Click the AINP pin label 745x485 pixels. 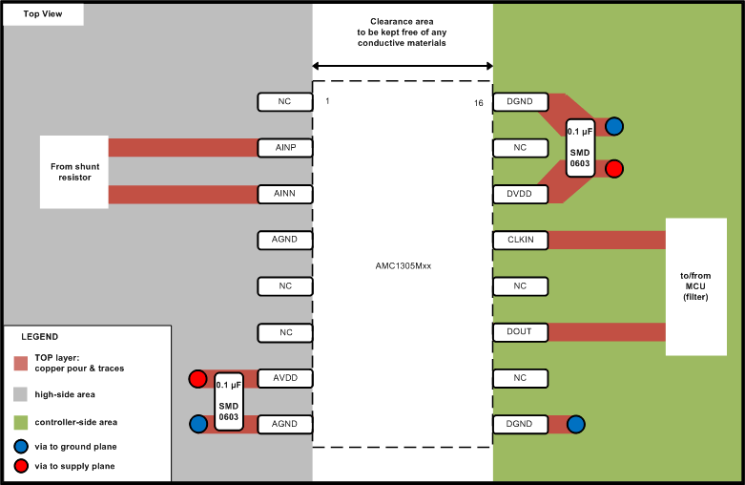pyautogui.click(x=285, y=148)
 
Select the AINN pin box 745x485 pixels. pyautogui.click(x=285, y=194)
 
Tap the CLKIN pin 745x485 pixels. pyautogui.click(x=520, y=240)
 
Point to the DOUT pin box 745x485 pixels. pyautogui.click(x=520, y=331)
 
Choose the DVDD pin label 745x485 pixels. pyautogui.click(x=520, y=194)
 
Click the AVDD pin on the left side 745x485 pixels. pyautogui.click(x=285, y=377)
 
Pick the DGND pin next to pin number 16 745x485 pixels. pyautogui.click(x=520, y=102)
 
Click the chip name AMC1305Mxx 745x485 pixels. pyautogui.click(x=402, y=265)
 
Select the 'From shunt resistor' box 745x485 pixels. pyautogui.click(x=74, y=172)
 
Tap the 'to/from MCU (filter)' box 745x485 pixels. pyautogui.click(x=695, y=285)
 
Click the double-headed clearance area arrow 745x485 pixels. pyautogui.click(x=402, y=66)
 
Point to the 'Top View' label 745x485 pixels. pyautogui.click(x=44, y=15)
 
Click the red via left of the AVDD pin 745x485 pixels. pyautogui.click(x=198, y=379)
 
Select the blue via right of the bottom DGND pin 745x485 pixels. pyautogui.click(x=575, y=424)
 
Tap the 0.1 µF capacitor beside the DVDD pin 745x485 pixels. pyautogui.click(x=580, y=147)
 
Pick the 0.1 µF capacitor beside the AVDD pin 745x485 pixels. pyautogui.click(x=229, y=401)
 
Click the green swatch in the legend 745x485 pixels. pyautogui.click(x=21, y=422)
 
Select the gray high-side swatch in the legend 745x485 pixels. pyautogui.click(x=21, y=393)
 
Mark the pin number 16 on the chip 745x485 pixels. pyautogui.click(x=478, y=102)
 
